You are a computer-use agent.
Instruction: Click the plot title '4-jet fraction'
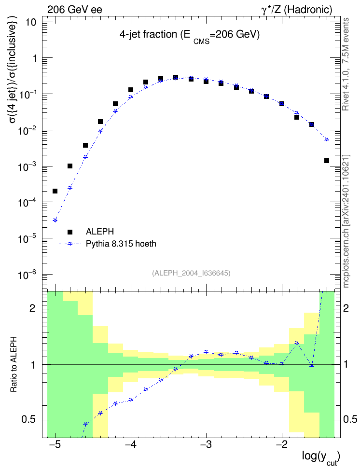[148, 35]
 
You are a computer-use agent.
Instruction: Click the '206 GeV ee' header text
[74, 10]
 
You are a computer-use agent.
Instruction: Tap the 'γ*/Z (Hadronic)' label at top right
[297, 10]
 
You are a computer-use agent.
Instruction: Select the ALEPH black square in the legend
[70, 232]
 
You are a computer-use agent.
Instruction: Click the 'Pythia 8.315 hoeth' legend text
[121, 244]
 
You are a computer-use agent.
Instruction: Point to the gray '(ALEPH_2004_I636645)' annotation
[191, 273]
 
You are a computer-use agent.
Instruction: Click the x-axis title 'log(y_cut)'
[320, 457]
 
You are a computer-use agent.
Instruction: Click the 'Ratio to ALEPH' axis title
[14, 364]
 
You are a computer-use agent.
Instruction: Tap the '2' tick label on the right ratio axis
[346, 308]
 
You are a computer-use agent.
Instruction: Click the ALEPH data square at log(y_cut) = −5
[55, 191]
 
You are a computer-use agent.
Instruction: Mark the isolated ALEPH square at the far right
[327, 161]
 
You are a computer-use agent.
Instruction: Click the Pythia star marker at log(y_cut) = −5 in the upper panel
[55, 221]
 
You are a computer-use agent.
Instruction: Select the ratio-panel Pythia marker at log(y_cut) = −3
[206, 352]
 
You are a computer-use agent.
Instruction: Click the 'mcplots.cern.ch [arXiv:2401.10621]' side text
[346, 221]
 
